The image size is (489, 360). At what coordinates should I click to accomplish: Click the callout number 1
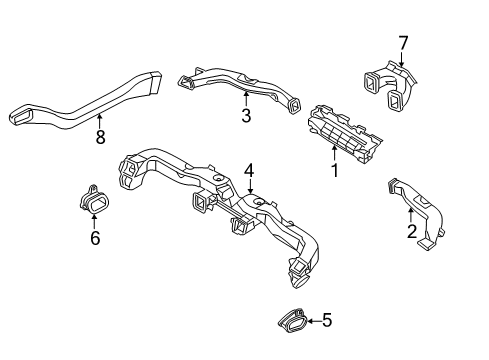[335, 171]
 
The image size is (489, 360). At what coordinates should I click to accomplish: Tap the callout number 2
[411, 232]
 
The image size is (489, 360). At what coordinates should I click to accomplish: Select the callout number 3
[245, 116]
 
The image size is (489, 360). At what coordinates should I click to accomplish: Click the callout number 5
[327, 321]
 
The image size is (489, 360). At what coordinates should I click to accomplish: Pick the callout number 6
[95, 238]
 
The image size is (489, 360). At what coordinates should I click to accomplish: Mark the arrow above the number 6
[95, 222]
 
